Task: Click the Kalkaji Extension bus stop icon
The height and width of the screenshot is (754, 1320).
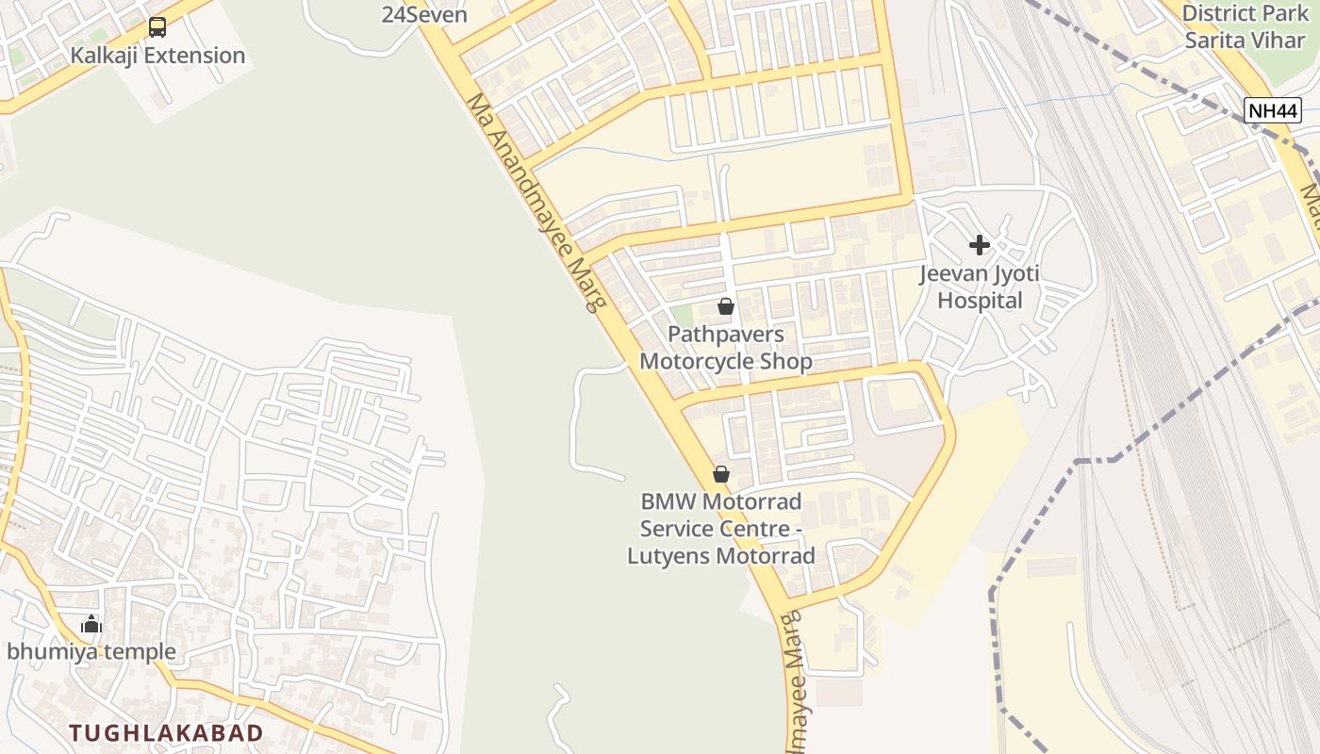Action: [157, 27]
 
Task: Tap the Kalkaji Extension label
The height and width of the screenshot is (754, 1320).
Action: [157, 55]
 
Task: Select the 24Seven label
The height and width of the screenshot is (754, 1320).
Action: [424, 14]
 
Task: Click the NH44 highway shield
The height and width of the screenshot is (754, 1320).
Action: [1273, 110]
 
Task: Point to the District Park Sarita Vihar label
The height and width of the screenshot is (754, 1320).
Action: [1245, 26]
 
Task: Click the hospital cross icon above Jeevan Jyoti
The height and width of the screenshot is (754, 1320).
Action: [980, 245]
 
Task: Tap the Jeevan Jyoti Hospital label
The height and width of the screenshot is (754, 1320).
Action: [980, 287]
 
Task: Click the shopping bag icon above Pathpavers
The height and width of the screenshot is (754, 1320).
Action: [726, 306]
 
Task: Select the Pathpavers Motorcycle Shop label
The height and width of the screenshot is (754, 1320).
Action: [726, 348]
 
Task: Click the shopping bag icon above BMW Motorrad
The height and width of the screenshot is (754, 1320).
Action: [721, 474]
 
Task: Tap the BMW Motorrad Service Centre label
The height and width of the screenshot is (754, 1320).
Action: [721, 528]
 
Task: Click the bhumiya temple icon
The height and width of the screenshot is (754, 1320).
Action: [91, 624]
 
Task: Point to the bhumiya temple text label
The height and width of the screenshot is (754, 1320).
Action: [91, 651]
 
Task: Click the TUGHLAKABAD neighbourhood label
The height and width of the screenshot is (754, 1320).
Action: [166, 732]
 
